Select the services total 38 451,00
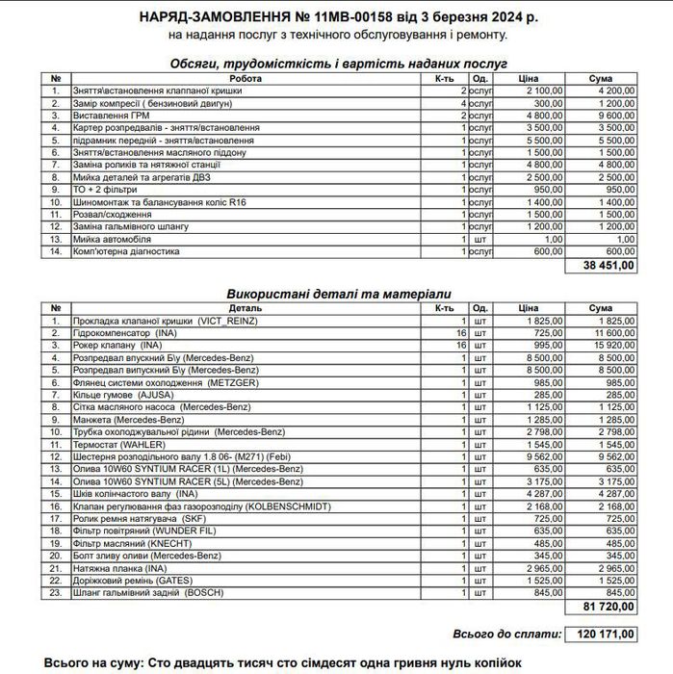tap(609, 265)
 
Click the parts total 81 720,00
tap(609, 609)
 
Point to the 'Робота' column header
tap(246, 79)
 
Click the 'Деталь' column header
tap(246, 308)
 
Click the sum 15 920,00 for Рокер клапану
tap(613, 344)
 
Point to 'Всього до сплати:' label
tap(506, 635)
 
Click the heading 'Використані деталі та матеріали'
tap(338, 293)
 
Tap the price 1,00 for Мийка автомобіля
tap(554, 239)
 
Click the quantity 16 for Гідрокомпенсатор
tap(461, 331)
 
